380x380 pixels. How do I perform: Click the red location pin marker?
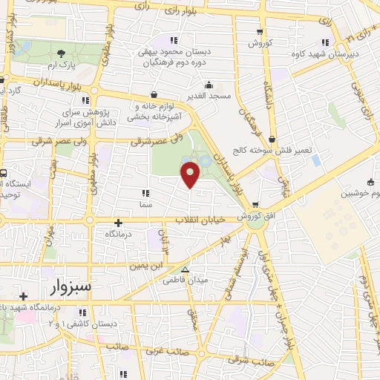click(191, 174)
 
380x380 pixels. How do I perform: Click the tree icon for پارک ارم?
click(61, 53)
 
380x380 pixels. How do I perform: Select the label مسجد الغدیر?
click(209, 96)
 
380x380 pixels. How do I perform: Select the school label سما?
click(145, 203)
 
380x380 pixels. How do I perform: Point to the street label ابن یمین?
click(146, 265)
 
